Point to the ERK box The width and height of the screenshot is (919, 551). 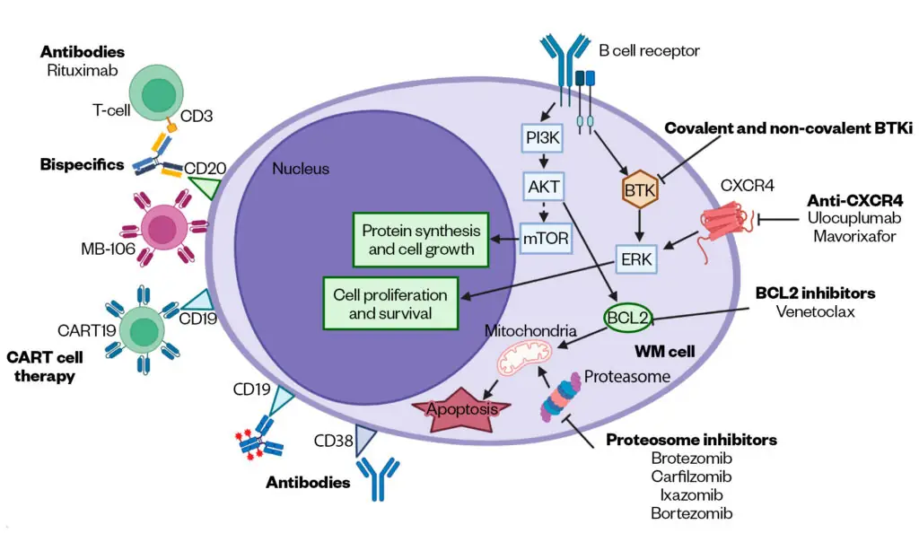pos(635,260)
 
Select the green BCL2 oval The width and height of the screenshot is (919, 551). pos(628,318)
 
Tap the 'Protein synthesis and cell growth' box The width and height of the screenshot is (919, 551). pos(421,239)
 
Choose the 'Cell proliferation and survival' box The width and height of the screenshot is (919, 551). pos(389,303)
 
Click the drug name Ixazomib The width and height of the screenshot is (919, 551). pos(692,494)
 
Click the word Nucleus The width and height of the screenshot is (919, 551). pos(301,169)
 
